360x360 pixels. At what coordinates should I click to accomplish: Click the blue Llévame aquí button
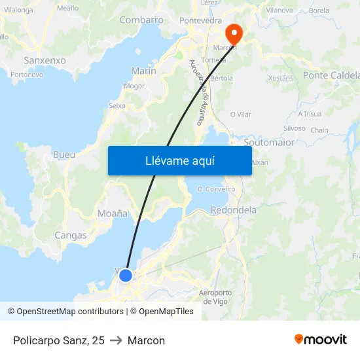tap(179, 160)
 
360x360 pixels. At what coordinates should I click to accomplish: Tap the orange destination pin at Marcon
tap(233, 33)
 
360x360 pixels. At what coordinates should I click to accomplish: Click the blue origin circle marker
tap(125, 276)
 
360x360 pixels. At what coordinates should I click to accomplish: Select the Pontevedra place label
tap(200, 21)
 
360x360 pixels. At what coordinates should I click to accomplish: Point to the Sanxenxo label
tap(45, 60)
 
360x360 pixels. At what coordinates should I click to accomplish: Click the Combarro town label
tap(141, 20)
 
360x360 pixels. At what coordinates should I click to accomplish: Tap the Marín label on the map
tap(143, 71)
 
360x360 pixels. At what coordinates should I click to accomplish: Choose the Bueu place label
tap(63, 155)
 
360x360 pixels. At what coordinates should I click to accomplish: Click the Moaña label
tap(112, 213)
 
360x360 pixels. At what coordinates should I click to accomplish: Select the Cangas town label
tap(71, 235)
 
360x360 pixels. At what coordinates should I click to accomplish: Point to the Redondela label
tap(234, 210)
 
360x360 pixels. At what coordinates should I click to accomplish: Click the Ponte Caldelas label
tap(331, 76)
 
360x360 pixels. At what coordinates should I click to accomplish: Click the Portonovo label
tap(27, 75)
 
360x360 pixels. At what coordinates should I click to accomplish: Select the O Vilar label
tap(240, 115)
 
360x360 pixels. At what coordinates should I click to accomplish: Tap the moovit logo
tap(320, 340)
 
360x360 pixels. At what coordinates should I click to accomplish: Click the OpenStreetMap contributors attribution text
tap(70, 312)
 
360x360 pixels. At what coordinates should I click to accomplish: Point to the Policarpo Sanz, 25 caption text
tap(58, 340)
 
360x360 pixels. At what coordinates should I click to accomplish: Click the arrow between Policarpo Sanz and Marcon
tap(116, 340)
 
